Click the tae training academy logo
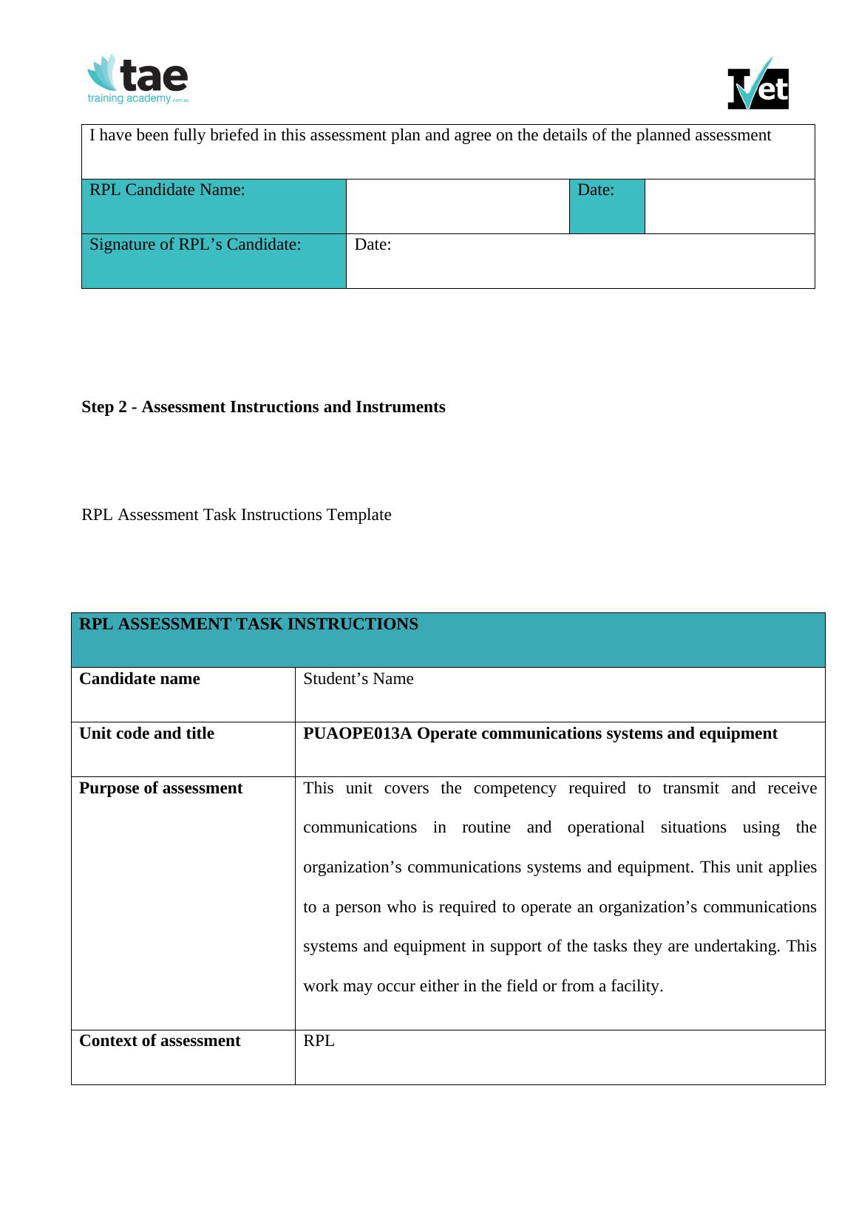pos(138,79)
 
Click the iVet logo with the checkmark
pos(758,84)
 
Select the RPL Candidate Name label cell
pos(167,191)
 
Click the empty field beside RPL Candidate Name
pos(457,206)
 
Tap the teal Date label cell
pos(596,191)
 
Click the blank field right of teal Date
pos(729,206)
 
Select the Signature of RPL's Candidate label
pos(195,245)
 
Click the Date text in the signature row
pos(373,245)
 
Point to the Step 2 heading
pos(263,407)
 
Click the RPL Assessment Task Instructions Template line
pos(237,515)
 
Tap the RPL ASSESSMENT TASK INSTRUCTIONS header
pos(248,624)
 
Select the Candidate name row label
pos(140,679)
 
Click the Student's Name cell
pos(359,679)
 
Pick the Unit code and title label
pos(146,734)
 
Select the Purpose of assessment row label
pos(160,788)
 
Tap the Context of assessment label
pos(160,1041)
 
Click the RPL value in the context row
pos(319,1041)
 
